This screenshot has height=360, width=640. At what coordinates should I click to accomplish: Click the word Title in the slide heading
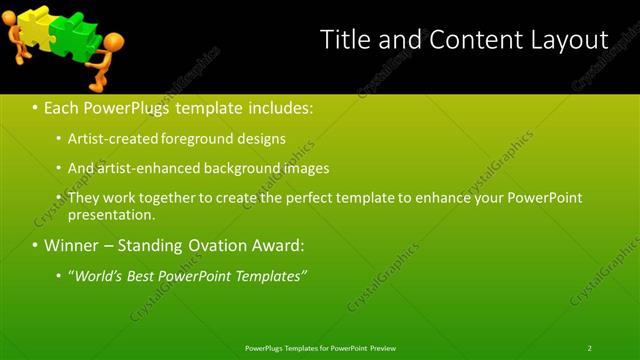pyautogui.click(x=344, y=39)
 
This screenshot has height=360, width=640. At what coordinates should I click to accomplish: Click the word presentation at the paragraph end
pyautogui.click(x=110, y=215)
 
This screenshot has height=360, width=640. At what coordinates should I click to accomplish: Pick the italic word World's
pyautogui.click(x=101, y=275)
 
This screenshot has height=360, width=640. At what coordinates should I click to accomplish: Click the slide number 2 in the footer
pyautogui.click(x=589, y=348)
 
